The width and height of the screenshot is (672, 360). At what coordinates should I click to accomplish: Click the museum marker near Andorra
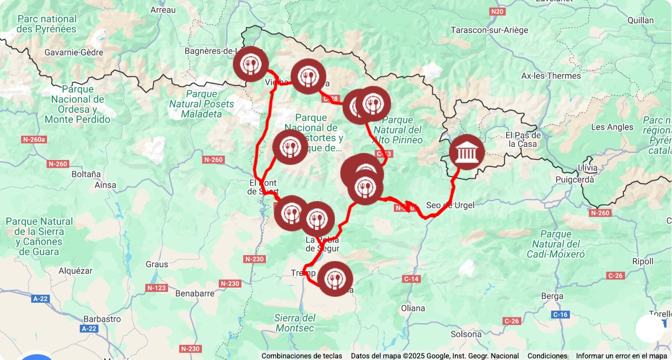coord(467,152)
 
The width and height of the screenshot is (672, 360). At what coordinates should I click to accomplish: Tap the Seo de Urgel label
coord(450,205)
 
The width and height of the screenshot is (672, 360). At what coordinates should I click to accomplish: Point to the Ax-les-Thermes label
coord(551,76)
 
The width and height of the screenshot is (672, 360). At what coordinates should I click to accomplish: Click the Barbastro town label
coord(102,318)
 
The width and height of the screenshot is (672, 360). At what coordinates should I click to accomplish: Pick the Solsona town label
coord(466,334)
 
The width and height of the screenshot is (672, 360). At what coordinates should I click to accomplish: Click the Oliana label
coord(413,308)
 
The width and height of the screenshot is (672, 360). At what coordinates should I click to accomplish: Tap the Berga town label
coord(552,296)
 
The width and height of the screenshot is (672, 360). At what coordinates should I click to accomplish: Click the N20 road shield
coord(498,11)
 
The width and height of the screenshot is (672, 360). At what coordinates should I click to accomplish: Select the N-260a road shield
coord(34,139)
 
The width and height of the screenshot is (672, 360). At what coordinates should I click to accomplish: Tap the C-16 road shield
coord(560,314)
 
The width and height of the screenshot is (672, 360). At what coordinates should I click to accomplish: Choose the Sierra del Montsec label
coord(295,323)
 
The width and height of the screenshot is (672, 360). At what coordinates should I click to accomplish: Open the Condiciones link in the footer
coord(547,356)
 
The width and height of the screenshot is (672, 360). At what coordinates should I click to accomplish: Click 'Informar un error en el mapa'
coord(621,356)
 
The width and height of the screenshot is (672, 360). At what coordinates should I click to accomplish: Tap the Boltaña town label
coord(86,174)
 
